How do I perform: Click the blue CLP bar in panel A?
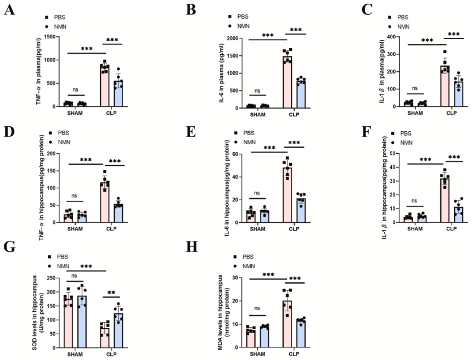coord(117,93)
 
